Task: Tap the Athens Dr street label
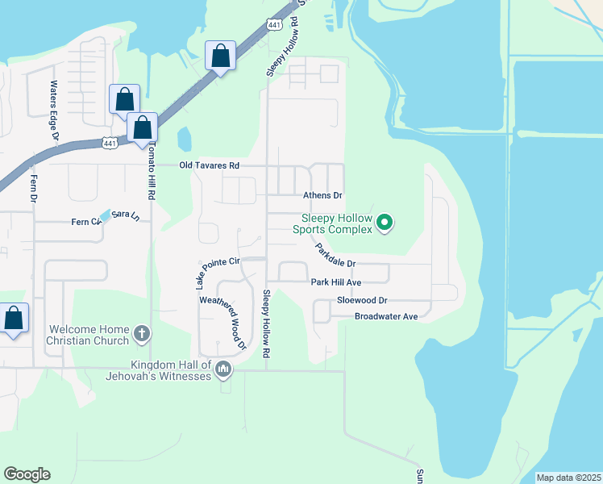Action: (x=322, y=195)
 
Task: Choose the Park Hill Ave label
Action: (x=336, y=282)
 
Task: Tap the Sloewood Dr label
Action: (x=363, y=299)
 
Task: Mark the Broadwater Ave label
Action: (x=386, y=316)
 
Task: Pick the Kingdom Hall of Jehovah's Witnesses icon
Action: (x=223, y=370)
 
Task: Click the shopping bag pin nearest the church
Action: (x=14, y=318)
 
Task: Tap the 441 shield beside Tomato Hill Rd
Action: (x=110, y=143)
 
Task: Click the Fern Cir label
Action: (x=85, y=222)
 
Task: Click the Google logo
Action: (x=27, y=474)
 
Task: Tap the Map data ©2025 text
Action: (x=568, y=478)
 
